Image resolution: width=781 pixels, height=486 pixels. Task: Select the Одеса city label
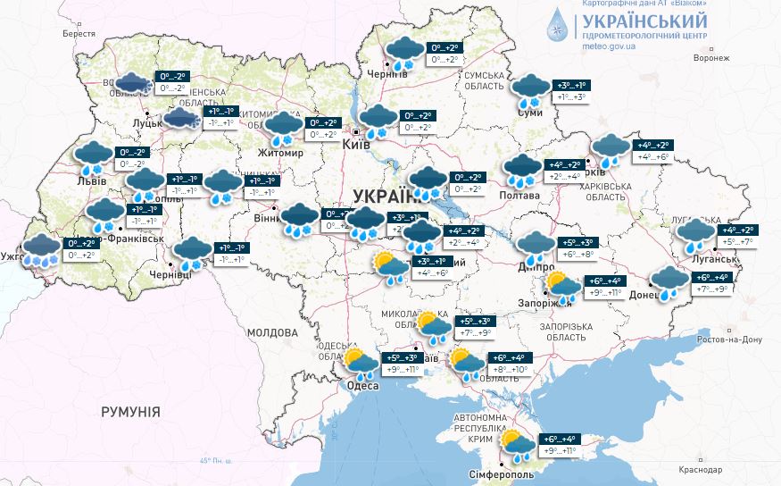pos(362,386)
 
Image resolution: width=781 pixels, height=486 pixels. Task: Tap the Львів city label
pos(91,181)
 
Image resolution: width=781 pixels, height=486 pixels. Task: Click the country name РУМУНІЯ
pos(130,412)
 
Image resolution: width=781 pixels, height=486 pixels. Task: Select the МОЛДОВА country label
pos(271,332)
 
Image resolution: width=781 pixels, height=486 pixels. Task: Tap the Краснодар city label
pos(724,469)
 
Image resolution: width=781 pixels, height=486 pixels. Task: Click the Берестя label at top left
pos(78,33)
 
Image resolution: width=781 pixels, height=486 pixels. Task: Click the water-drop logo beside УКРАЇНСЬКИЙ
pos(558,27)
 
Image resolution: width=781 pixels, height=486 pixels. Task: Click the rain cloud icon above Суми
pos(531,89)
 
